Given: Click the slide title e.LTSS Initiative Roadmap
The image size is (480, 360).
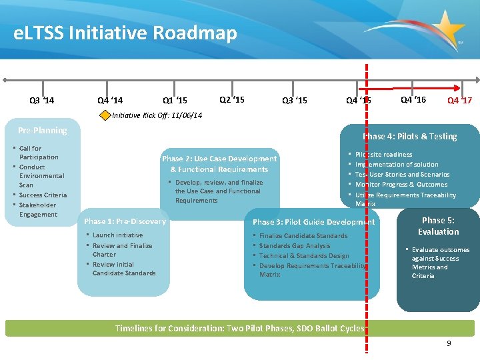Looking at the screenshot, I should (x=125, y=33).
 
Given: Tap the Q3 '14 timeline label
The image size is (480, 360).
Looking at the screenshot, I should (x=42, y=101).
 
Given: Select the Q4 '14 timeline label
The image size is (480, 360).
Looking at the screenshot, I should (x=110, y=101).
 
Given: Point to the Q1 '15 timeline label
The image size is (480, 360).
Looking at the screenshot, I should (x=175, y=101).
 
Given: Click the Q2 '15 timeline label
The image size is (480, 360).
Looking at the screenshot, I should (x=232, y=99).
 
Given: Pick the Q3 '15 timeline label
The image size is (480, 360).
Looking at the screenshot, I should (x=295, y=101).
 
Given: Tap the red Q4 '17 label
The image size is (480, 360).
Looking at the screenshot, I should (x=459, y=101).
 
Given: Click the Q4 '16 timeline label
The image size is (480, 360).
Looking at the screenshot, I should (x=413, y=99).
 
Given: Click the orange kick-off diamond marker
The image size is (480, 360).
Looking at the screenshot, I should (x=105, y=115).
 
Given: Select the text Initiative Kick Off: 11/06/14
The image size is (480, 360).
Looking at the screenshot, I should (x=157, y=115).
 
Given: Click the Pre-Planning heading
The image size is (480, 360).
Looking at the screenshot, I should (x=43, y=131).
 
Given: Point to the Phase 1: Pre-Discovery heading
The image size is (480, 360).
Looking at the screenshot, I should (x=125, y=221).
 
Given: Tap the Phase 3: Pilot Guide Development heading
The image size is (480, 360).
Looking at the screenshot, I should (x=313, y=222).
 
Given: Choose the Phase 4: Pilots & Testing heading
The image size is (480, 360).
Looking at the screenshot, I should (x=410, y=137).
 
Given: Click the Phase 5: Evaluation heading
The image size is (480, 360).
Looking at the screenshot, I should (x=438, y=226).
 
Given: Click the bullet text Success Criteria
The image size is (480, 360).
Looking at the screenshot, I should (x=43, y=195).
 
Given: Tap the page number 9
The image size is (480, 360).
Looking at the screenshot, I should (x=449, y=343).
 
